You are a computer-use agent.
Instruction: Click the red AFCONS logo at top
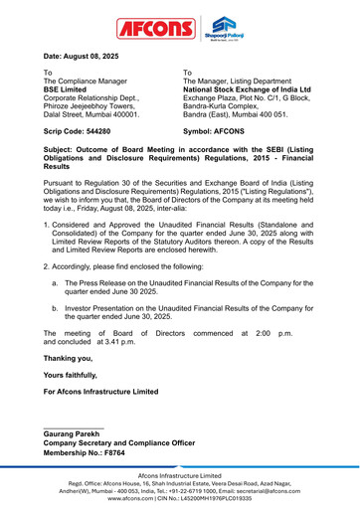click(x=152, y=27)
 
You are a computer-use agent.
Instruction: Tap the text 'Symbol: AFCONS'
click(x=219, y=130)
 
